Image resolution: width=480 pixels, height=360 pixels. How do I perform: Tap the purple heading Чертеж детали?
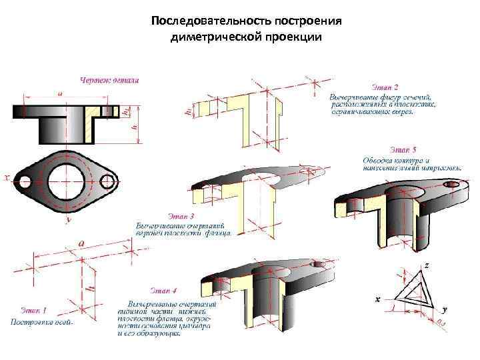[x=109, y=81]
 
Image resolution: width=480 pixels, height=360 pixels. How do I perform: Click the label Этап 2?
[x=385, y=87]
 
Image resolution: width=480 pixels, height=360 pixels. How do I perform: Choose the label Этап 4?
[x=163, y=290]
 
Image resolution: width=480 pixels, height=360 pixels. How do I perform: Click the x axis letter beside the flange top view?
[x=7, y=177]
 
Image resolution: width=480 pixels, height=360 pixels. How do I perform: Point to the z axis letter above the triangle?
[x=426, y=265]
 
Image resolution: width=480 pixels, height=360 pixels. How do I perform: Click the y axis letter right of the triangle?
[x=445, y=309]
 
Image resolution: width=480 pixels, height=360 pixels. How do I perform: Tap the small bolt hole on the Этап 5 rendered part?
[x=452, y=182]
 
